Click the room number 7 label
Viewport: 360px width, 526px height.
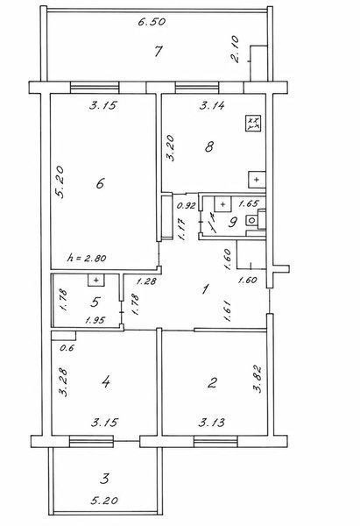click(x=159, y=52)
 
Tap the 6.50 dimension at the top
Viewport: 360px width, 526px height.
click(x=152, y=22)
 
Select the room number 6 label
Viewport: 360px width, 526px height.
click(x=100, y=183)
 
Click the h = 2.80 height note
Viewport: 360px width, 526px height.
click(x=87, y=258)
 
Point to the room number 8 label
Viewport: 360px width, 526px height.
click(x=209, y=146)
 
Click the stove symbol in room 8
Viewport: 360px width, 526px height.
click(x=253, y=123)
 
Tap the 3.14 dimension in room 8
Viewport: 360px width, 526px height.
click(x=212, y=106)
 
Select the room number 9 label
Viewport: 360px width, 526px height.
click(x=233, y=222)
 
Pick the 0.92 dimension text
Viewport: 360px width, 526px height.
click(x=186, y=206)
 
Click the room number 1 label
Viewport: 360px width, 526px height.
click(x=206, y=288)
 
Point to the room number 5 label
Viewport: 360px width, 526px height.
click(x=95, y=302)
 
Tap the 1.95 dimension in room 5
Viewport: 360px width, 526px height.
click(x=95, y=320)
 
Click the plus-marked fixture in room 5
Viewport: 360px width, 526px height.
click(x=95, y=281)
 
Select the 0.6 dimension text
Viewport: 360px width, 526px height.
click(x=67, y=348)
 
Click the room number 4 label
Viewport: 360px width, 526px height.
click(x=106, y=381)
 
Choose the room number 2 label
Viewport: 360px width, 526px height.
click(x=212, y=382)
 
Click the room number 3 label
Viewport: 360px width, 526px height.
click(x=105, y=478)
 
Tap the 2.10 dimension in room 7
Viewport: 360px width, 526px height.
click(x=236, y=49)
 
